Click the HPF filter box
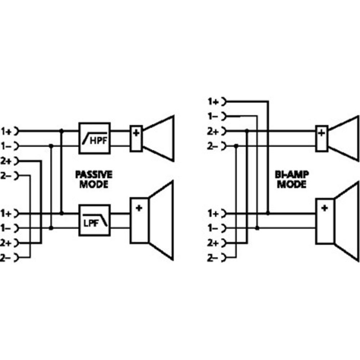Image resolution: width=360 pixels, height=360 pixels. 94,138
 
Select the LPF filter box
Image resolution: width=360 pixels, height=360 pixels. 94,220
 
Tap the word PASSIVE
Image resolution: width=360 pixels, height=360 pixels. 94,175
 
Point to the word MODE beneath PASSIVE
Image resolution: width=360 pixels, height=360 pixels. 94,185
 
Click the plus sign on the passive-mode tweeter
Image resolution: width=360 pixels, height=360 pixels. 136,133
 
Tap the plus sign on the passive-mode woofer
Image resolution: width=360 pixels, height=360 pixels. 139,208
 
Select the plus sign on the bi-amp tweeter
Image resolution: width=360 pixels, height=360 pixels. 321,133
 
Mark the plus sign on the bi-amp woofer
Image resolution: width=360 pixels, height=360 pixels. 324,208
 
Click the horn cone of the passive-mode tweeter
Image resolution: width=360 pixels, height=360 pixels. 160,138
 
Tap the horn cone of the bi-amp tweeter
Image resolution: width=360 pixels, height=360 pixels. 345,138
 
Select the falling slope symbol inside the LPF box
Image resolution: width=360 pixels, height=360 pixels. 104,220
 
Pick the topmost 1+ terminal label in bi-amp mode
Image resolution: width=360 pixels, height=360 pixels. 213,102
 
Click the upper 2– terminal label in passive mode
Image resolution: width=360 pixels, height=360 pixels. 6,176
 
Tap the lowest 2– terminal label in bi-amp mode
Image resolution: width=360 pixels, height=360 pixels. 213,258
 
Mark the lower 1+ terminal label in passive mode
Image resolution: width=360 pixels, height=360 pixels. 6,213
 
